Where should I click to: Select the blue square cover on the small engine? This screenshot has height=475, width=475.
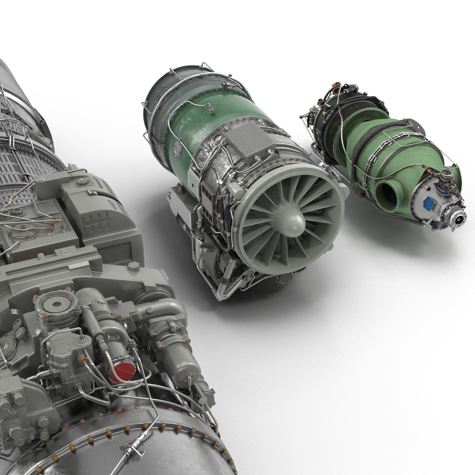click(429, 204)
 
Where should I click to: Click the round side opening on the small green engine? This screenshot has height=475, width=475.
click(388, 191)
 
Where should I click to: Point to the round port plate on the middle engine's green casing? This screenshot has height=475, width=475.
click(178, 149)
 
